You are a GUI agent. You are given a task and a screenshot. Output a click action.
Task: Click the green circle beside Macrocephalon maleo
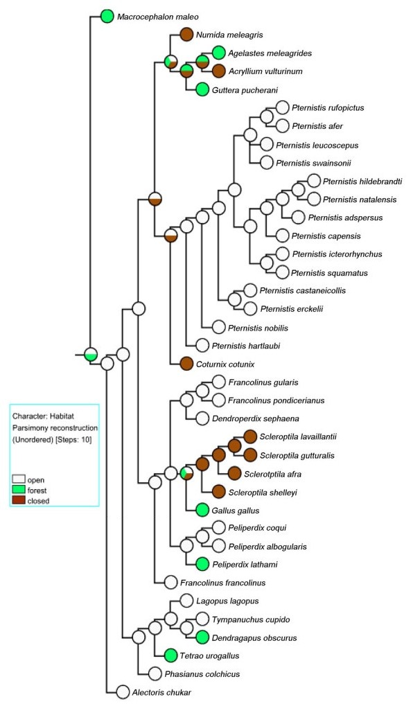point(107,17)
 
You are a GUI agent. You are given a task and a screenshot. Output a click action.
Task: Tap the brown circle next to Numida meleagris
point(186,35)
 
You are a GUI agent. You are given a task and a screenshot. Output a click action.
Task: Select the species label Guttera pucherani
point(245,90)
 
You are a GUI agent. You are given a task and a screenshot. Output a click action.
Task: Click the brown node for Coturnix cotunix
point(186,364)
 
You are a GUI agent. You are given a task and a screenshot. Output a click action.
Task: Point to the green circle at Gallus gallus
point(202,510)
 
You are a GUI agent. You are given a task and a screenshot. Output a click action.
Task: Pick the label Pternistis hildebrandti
point(362,182)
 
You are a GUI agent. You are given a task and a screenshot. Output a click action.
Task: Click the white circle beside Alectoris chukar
point(123,691)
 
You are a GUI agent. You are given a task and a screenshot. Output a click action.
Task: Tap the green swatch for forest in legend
point(18,491)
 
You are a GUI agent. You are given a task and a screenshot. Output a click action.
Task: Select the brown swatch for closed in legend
point(18,501)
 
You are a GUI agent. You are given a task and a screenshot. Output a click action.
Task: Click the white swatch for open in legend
point(18,480)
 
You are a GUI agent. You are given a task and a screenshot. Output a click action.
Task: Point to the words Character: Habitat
point(43,416)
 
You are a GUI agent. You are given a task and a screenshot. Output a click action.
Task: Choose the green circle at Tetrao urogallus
point(170,655)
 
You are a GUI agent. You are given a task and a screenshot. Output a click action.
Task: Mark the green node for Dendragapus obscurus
point(202,637)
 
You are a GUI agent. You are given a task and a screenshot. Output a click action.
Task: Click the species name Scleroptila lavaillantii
point(298,436)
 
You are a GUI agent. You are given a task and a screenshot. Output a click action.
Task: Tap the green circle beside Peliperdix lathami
point(202,564)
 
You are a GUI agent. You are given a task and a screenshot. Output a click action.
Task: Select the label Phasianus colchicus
point(202,674)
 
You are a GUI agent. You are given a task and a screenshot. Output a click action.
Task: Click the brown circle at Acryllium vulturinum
point(218,71)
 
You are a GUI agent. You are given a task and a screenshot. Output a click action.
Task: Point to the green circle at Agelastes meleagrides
point(218,53)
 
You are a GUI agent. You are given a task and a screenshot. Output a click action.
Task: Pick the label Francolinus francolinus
point(222,583)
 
